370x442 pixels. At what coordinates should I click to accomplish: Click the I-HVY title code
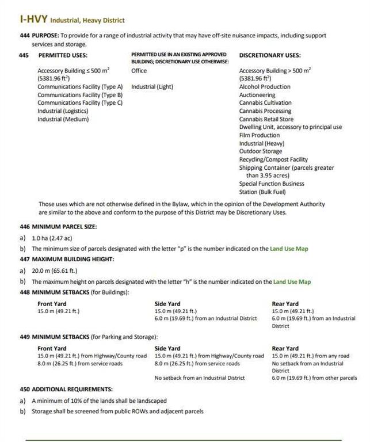32,20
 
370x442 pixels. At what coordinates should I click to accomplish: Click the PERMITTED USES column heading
63,55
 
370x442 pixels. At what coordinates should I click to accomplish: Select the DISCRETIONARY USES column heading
269,55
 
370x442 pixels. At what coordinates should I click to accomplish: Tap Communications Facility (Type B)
80,94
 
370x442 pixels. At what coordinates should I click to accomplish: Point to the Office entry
139,70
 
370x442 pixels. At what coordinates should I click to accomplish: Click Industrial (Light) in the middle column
152,86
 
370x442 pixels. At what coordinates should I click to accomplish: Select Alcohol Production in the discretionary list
265,86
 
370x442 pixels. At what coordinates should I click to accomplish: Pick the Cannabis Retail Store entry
266,119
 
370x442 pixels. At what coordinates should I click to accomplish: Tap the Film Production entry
259,135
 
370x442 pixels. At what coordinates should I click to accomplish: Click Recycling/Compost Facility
273,159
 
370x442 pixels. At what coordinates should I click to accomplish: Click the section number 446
24,227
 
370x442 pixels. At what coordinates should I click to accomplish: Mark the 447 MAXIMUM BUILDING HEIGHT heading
66,259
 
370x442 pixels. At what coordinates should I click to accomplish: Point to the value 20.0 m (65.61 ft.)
54,270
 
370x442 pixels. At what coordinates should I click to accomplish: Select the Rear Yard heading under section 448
285,303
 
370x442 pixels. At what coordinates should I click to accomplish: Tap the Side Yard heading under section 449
167,348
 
